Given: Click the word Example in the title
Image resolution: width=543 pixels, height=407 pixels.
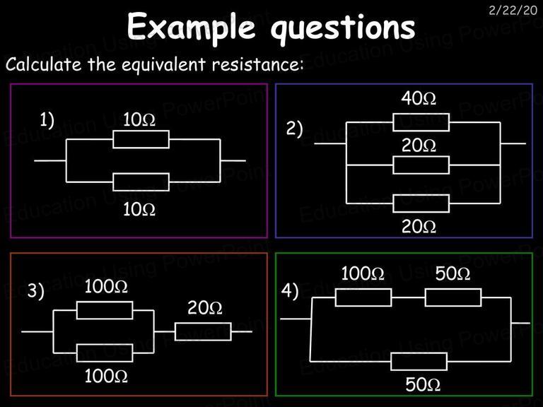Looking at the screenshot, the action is pyautogui.click(x=191, y=27).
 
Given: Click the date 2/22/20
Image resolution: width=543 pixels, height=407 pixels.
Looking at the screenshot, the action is pyautogui.click(x=513, y=11).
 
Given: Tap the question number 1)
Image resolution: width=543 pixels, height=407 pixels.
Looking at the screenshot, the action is pyautogui.click(x=47, y=121).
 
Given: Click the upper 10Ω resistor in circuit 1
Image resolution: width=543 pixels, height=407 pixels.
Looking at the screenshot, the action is pyautogui.click(x=141, y=139).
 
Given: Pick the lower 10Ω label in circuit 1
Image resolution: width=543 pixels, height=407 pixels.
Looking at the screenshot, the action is pyautogui.click(x=139, y=209).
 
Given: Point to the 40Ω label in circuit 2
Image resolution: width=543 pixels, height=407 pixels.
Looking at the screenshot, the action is pyautogui.click(x=419, y=98).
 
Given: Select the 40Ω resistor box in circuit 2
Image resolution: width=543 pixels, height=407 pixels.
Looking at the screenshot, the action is pyautogui.click(x=421, y=122).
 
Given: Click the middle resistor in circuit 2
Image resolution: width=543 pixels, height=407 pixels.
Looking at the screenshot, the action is pyautogui.click(x=421, y=165).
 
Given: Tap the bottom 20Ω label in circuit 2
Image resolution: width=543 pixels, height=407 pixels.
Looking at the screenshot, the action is pyautogui.click(x=419, y=227).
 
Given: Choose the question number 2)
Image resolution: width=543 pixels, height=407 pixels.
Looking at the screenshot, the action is pyautogui.click(x=294, y=129).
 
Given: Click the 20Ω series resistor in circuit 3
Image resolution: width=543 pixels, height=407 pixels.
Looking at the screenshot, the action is pyautogui.click(x=203, y=331).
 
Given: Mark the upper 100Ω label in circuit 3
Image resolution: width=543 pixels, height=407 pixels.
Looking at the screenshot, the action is pyautogui.click(x=106, y=287).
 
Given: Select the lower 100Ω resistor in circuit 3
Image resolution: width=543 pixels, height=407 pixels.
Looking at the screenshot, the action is pyautogui.click(x=105, y=353).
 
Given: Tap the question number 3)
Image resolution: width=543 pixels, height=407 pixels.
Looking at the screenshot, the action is pyautogui.click(x=36, y=290).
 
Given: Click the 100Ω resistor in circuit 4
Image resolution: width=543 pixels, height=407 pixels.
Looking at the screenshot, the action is pyautogui.click(x=363, y=297).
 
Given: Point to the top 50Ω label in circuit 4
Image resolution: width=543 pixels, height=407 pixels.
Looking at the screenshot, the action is pyautogui.click(x=453, y=273).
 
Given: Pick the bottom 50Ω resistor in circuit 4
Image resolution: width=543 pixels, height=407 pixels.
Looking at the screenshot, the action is pyautogui.click(x=419, y=361).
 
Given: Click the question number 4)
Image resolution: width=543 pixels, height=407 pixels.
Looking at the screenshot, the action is pyautogui.click(x=290, y=290).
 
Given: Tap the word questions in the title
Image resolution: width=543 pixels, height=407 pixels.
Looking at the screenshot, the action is pyautogui.click(x=343, y=28).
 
